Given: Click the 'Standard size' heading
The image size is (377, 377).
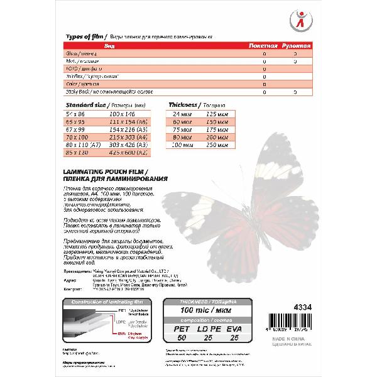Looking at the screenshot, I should point(85,103).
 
